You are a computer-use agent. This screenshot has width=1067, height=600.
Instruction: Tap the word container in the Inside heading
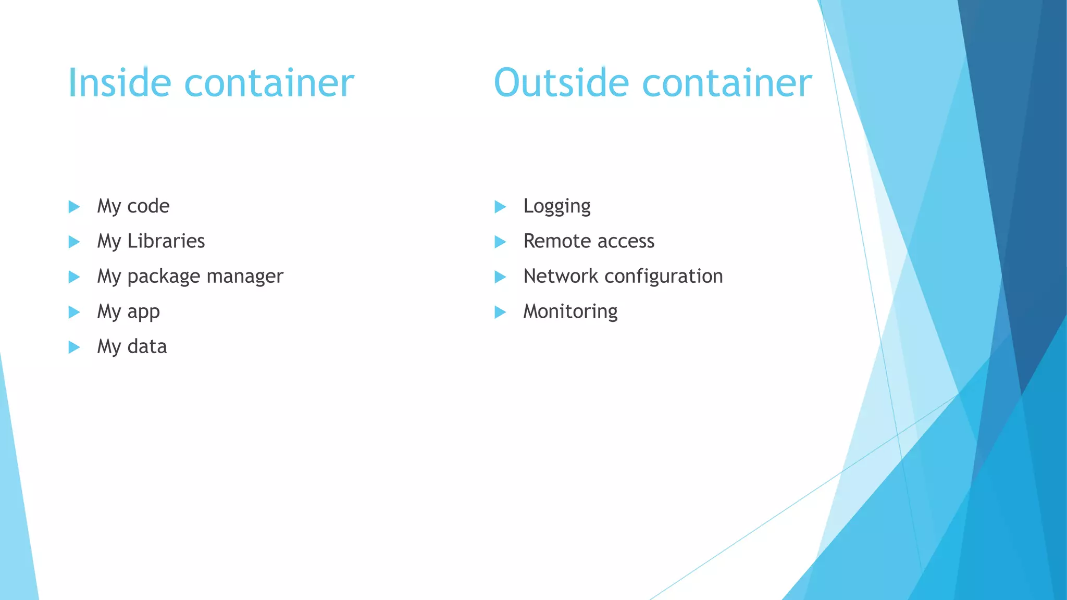[x=269, y=83]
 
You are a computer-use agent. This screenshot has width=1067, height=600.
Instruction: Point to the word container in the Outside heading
[x=727, y=83]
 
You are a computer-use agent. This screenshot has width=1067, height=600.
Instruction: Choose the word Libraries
[x=166, y=241]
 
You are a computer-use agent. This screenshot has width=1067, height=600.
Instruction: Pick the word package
[x=164, y=277]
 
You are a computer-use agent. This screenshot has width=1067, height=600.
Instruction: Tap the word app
[x=144, y=312]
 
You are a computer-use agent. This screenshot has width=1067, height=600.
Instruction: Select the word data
[x=147, y=346]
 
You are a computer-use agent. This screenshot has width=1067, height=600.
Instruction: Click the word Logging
[x=557, y=206]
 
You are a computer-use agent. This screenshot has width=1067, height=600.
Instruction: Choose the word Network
[x=561, y=276]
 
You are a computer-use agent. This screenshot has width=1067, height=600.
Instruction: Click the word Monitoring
[x=570, y=311]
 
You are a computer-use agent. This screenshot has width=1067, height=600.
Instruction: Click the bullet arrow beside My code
[x=74, y=207]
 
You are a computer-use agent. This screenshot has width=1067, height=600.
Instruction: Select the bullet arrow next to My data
[x=74, y=347]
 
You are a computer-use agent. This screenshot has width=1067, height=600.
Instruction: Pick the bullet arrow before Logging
[x=500, y=207]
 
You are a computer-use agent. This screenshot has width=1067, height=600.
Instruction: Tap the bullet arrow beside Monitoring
[x=500, y=312]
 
